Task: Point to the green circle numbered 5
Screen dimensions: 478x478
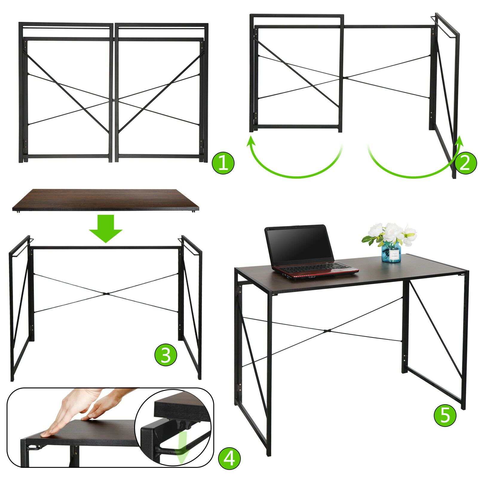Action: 445,415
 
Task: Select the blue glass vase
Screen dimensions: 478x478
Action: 391,252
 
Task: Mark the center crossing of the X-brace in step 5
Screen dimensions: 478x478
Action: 327,331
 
